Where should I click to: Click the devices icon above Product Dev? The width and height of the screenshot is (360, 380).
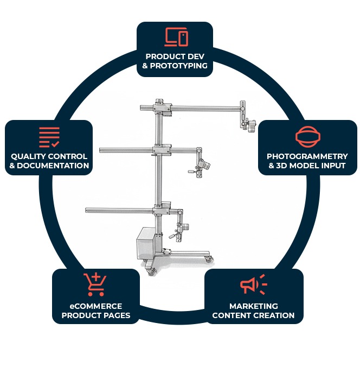[176, 37]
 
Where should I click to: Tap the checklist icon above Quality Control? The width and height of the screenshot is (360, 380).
[49, 137]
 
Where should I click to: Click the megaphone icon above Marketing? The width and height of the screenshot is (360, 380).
[253, 285]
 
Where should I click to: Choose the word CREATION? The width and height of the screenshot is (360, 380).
[275, 315]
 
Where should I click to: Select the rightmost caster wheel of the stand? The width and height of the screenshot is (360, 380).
[209, 260]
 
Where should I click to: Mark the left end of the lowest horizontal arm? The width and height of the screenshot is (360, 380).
[87, 209]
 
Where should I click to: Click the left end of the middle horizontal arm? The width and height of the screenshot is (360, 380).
[102, 148]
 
